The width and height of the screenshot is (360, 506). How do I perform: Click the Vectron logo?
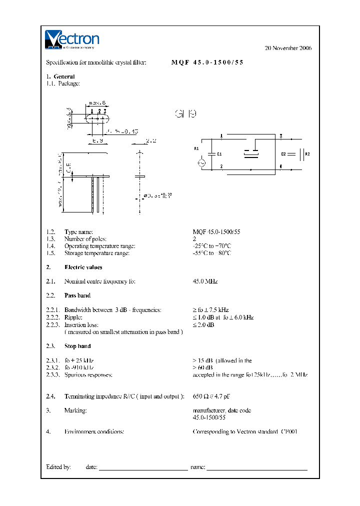coord(72,39)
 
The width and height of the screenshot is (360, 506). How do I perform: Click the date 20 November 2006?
coord(287,48)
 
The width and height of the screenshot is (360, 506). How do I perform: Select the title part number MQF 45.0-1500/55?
coord(207,62)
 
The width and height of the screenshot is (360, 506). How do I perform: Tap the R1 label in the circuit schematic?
coord(196,148)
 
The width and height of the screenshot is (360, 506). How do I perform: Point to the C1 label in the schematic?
coord(219,154)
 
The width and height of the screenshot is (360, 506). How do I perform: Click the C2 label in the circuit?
coord(283,154)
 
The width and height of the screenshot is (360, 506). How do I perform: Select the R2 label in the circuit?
coord(307,154)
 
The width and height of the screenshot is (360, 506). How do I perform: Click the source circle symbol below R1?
coord(202,162)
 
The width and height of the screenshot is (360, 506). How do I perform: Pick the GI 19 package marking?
coord(185,114)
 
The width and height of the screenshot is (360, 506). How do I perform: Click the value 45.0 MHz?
coord(205,281)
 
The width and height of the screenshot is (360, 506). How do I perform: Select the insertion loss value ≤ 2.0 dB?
coord(203,324)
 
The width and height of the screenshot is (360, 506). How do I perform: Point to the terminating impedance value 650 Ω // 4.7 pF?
coord(211,396)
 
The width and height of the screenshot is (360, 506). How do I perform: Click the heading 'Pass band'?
coord(77,295)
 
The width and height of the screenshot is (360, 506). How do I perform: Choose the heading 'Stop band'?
coord(77,346)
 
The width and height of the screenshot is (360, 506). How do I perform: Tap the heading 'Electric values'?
coord(83,267)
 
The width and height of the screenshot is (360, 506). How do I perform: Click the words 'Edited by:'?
coord(58,466)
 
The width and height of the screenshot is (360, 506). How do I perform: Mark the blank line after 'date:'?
coord(143,468)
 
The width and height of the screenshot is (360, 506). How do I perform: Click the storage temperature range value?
coord(212,253)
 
